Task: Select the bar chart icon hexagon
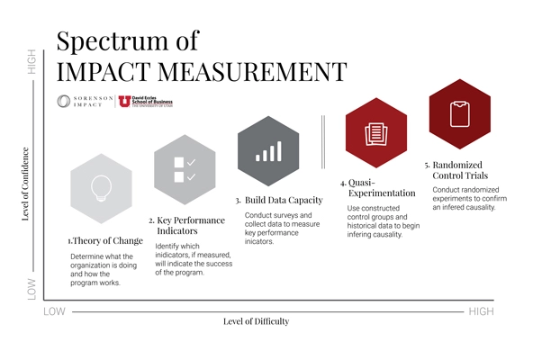click(268, 148)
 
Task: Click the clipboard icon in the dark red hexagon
click(458, 112)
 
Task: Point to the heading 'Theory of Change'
click(107, 241)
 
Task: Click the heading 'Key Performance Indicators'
click(183, 226)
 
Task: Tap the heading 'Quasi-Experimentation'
click(377, 187)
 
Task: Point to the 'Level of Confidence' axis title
click(25, 184)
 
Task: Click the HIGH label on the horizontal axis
click(480, 311)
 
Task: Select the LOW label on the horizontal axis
click(55, 311)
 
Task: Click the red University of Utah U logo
click(123, 102)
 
